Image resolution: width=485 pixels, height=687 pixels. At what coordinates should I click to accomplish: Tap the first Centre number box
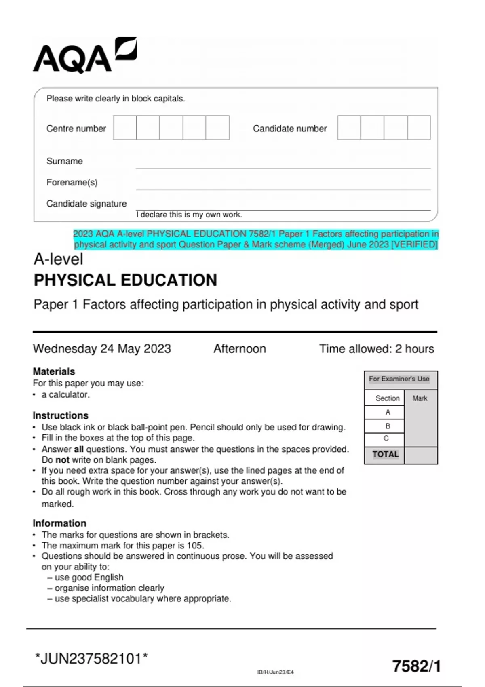[125, 128]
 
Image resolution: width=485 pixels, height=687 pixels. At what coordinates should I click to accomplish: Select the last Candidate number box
[419, 128]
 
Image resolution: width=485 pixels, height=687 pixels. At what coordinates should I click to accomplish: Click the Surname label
[65, 161]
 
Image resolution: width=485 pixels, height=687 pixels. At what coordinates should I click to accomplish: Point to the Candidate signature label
[86, 204]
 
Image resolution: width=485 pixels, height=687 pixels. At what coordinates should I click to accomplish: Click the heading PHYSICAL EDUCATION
[125, 280]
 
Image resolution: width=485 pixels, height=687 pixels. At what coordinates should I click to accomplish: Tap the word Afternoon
[240, 348]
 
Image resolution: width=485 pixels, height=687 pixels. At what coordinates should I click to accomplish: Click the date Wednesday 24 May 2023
[102, 348]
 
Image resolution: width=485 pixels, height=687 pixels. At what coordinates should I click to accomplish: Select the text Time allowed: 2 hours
[376, 348]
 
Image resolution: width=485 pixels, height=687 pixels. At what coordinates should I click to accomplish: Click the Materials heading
[54, 371]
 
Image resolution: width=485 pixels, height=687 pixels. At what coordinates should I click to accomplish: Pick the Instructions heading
[60, 415]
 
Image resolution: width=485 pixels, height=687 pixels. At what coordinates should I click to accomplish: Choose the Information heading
[59, 523]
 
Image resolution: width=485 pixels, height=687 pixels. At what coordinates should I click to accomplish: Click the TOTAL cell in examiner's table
[385, 455]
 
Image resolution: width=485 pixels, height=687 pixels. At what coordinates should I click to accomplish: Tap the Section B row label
[388, 426]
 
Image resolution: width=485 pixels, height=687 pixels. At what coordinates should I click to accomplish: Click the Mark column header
[420, 398]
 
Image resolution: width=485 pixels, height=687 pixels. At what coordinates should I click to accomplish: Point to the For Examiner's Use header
[399, 379]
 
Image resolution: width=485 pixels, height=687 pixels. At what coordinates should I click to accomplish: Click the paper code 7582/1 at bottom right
[416, 666]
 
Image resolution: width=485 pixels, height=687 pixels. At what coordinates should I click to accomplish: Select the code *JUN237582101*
[91, 659]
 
